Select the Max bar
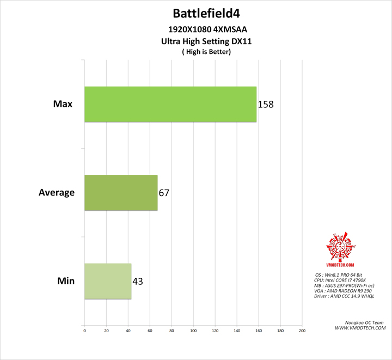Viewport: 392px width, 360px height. (170, 103)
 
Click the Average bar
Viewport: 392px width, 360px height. (121, 192)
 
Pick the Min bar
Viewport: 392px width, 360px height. (108, 281)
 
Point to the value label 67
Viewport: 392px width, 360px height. (164, 192)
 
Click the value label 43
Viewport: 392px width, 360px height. (138, 281)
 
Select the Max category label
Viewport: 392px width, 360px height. (64, 103)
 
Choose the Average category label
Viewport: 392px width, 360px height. (57, 192)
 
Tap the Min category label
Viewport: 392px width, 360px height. (65, 281)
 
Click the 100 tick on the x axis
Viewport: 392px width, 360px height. (193, 330)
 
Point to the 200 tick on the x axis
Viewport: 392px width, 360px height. (302, 330)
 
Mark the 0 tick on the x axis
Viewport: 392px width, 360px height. (84, 330)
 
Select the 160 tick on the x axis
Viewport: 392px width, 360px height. (259, 330)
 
